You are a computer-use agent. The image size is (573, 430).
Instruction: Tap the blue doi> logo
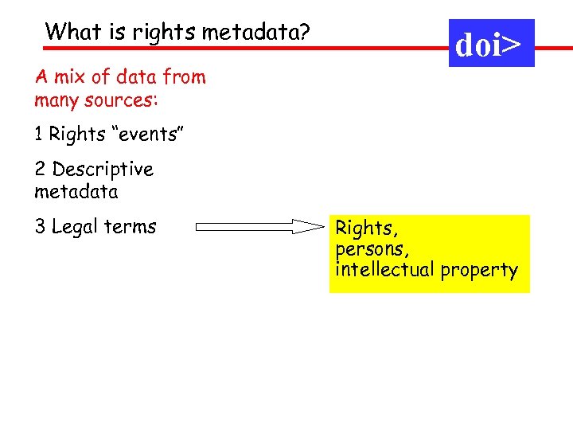(491, 45)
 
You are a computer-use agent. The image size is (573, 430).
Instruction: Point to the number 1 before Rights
(38, 135)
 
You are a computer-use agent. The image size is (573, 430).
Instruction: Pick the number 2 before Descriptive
(40, 170)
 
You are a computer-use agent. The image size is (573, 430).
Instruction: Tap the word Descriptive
(103, 170)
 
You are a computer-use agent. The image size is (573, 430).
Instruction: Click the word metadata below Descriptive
(76, 192)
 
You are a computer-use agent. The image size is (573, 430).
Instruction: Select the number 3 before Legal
(40, 227)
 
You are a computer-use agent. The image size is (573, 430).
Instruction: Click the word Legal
(76, 227)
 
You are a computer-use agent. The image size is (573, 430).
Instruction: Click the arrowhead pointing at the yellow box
(310, 227)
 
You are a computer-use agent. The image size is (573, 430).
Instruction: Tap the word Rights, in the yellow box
(364, 229)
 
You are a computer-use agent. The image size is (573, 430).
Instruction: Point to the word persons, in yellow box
(368, 249)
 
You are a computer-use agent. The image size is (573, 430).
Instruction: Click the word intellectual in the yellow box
(383, 270)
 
